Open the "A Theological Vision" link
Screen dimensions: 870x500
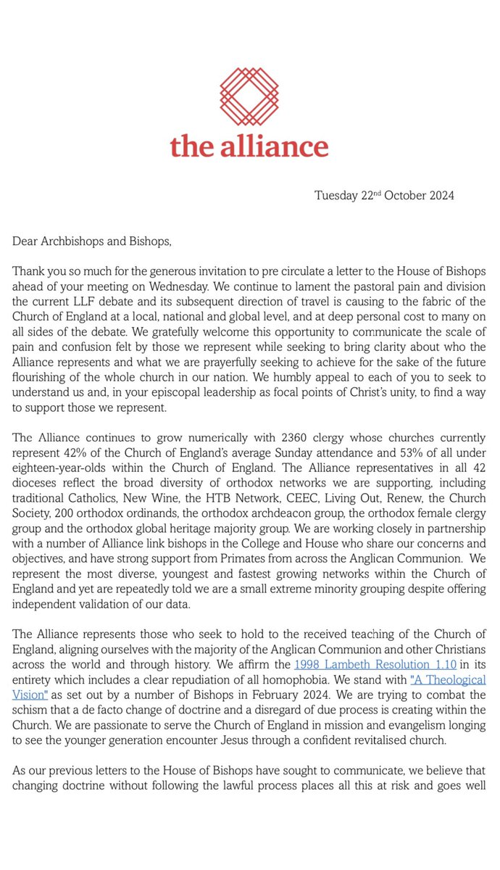448,680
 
